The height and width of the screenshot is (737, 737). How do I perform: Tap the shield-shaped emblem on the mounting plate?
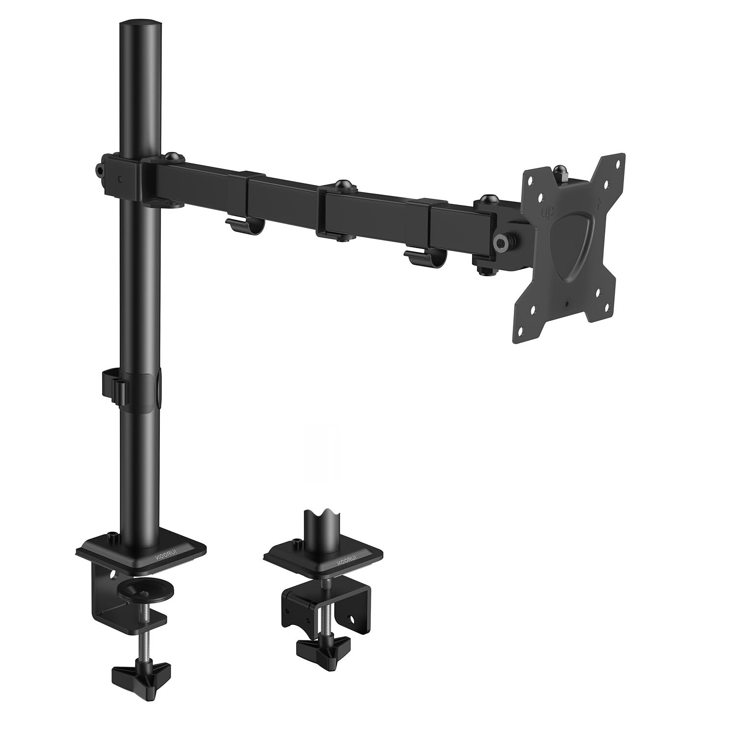coord(573,246)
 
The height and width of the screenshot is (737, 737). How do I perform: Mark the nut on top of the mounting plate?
coord(560,172)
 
